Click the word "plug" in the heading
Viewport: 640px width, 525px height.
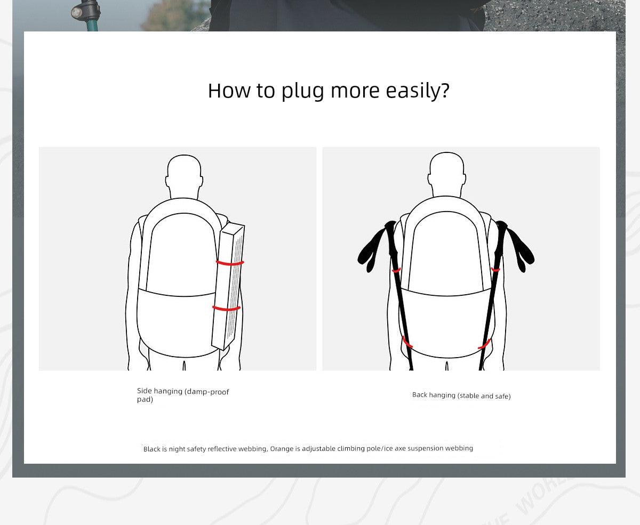(x=302, y=91)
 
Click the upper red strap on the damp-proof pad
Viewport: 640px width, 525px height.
(x=230, y=263)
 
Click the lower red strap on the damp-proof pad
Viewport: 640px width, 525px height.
(x=226, y=309)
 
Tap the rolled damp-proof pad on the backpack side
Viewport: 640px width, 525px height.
(x=228, y=287)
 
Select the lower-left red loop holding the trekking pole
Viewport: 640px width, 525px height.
(x=407, y=342)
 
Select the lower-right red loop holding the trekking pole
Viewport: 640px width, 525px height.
(x=484, y=344)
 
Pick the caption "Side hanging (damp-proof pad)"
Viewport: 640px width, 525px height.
(x=183, y=395)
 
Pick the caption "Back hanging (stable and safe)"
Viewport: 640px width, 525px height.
(x=461, y=395)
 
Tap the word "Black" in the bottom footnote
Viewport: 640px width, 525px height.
(x=151, y=449)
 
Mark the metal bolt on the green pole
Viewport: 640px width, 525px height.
(x=76, y=12)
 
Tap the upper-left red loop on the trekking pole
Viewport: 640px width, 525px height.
(x=396, y=270)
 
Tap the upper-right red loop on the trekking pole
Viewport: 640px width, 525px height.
(x=495, y=269)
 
